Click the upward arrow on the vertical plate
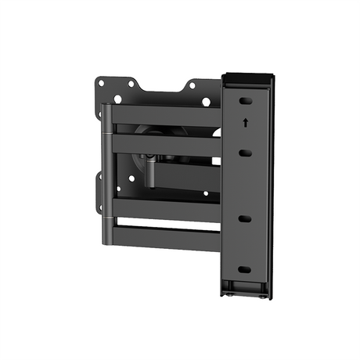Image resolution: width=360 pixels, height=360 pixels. tap(246, 121)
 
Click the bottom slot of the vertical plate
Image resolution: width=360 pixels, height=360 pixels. tap(245, 269)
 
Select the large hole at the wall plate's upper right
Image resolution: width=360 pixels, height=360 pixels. tap(207, 102)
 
